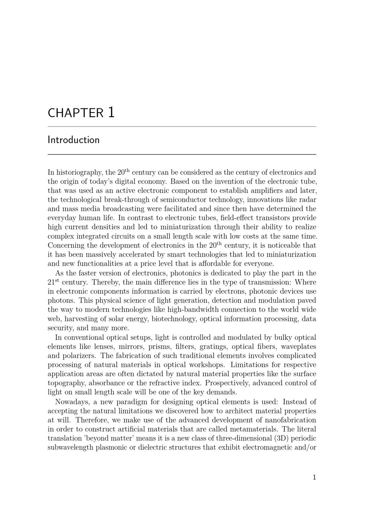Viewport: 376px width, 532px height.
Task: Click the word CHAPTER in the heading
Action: click(75, 113)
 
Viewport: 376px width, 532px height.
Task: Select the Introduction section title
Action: click(74, 140)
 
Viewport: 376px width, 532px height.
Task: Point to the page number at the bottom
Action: click(314, 477)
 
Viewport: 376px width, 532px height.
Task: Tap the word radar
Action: click(307, 199)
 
